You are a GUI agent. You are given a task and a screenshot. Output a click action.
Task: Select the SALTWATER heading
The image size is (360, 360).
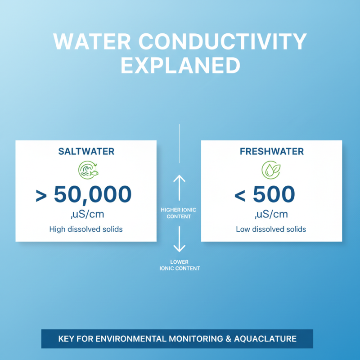(x=86, y=152)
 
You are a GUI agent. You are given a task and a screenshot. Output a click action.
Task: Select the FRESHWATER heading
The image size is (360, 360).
(x=271, y=152)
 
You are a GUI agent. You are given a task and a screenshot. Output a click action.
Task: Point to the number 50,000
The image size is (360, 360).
(x=93, y=195)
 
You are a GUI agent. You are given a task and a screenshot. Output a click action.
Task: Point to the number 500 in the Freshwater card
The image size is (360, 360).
(x=274, y=195)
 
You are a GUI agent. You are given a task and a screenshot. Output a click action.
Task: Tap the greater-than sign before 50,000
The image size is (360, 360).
(x=42, y=196)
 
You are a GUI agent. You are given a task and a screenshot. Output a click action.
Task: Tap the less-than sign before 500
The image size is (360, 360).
(x=240, y=196)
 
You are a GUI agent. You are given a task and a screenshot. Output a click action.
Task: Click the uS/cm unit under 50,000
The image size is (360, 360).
(x=86, y=214)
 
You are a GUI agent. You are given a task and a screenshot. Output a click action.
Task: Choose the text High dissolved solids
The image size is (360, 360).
(x=86, y=229)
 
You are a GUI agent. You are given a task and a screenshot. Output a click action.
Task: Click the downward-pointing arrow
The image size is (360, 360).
(x=179, y=238)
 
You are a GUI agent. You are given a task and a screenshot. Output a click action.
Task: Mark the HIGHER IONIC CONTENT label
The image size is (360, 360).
(x=179, y=213)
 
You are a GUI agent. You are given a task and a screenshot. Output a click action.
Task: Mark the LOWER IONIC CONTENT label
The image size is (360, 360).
(x=179, y=265)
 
